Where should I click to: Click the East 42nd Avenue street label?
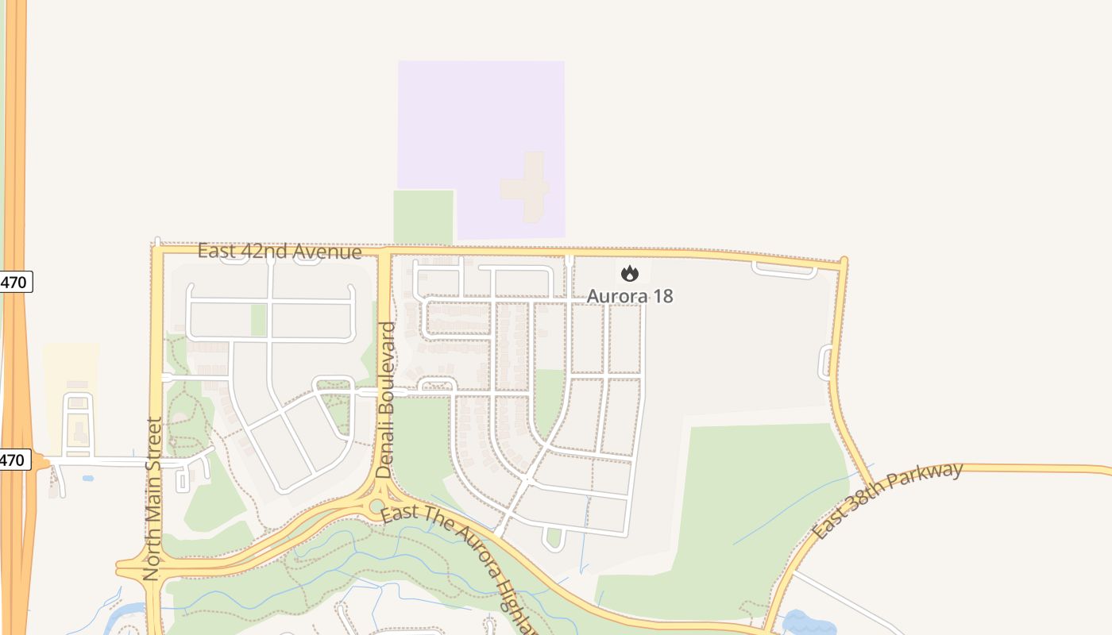pos(280,252)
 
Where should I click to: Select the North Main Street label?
pos(153,498)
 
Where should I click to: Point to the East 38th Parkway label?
pos(887,500)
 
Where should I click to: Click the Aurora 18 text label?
pos(630,296)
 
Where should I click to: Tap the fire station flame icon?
pos(630,274)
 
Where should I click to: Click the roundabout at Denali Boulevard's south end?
pos(377,506)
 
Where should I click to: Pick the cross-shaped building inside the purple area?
pos(527,187)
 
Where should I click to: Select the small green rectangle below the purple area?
pos(423,216)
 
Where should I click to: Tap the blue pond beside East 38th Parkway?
pos(809,622)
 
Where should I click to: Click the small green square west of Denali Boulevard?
pos(259,320)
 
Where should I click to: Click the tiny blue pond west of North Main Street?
pos(87,478)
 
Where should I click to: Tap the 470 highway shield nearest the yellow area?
pos(15,460)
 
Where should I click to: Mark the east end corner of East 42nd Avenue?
pos(843,262)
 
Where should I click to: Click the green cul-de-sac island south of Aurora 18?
pos(554,539)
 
